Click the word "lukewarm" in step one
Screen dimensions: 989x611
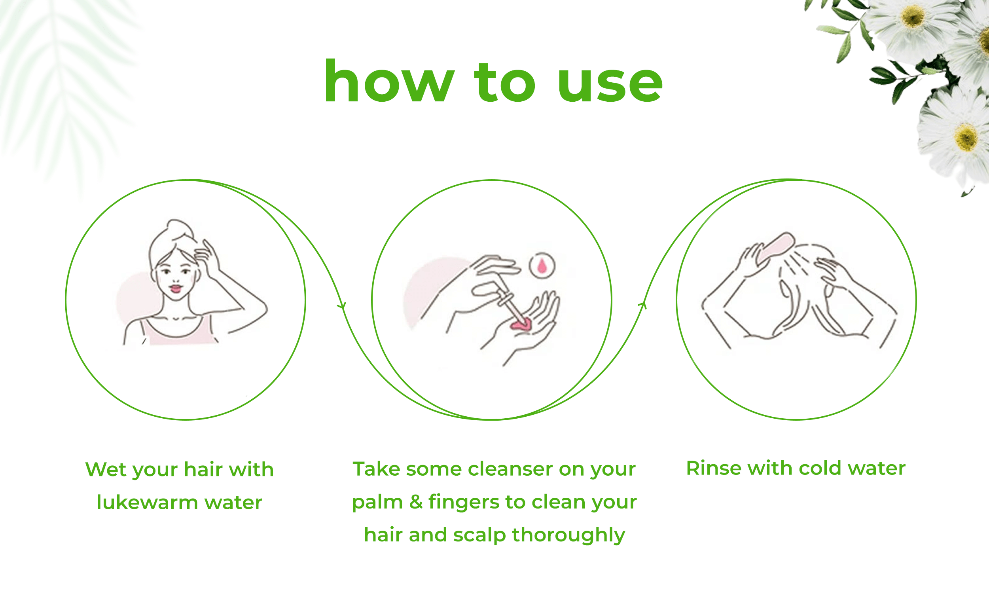point(148,503)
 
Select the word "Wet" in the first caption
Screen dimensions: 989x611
point(106,470)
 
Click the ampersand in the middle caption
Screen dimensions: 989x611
point(416,502)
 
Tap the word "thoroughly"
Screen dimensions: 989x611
point(568,535)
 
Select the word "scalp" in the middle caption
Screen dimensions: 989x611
point(479,535)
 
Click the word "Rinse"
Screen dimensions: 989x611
point(714,469)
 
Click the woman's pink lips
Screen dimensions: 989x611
point(176,288)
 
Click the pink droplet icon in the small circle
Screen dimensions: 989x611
point(542,266)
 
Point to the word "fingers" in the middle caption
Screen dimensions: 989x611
point(464,503)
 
